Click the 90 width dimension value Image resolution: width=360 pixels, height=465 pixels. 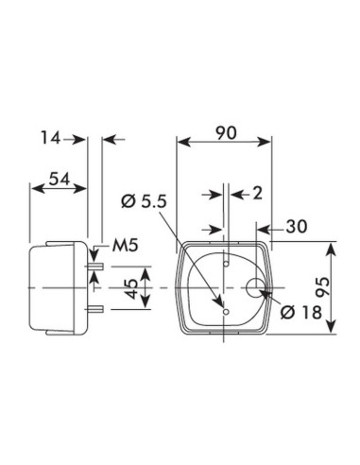pyautogui.click(x=225, y=131)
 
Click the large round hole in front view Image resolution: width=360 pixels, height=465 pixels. pyautogui.click(x=256, y=288)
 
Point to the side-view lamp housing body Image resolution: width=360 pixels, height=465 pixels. pyautogui.click(x=59, y=286)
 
